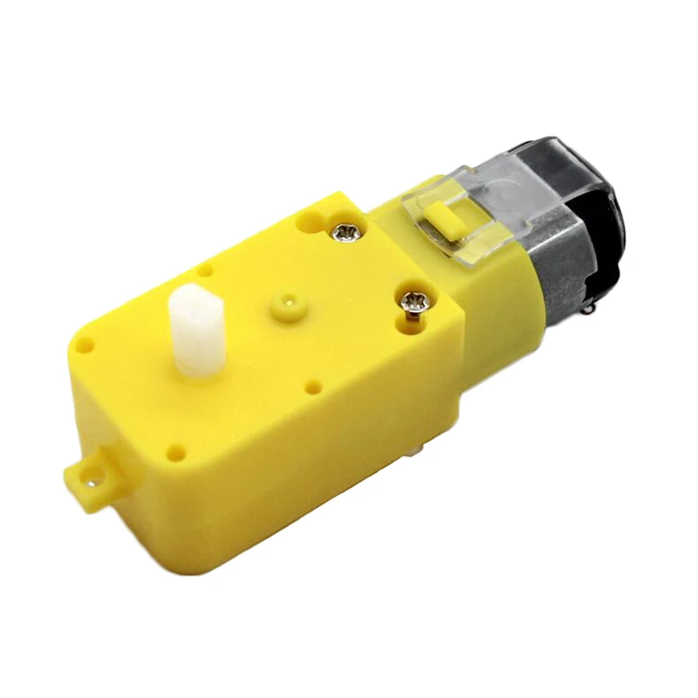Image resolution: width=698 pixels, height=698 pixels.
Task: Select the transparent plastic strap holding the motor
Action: (471, 218)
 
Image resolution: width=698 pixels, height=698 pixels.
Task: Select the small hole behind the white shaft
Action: (203, 270)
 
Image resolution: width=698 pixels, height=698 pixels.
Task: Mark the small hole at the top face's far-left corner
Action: (85, 346)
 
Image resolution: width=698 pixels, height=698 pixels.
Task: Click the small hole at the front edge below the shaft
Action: (176, 452)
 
